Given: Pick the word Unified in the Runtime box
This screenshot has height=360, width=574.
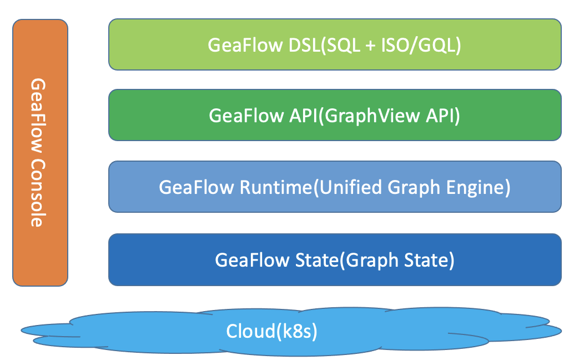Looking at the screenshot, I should pos(346,187).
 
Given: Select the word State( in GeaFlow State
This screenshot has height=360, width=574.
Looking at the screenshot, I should pos(314,259).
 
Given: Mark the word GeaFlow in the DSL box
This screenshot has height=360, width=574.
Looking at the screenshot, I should pos(245,45).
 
